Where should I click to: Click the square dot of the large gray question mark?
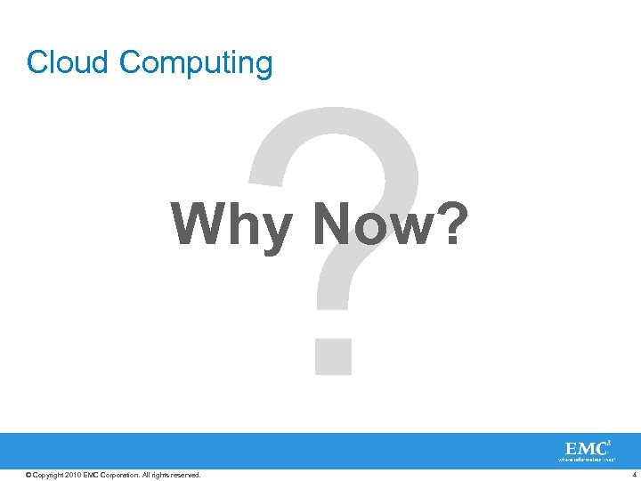(x=333, y=354)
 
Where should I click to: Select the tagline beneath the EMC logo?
(x=586, y=461)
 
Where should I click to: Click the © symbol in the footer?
(x=28, y=475)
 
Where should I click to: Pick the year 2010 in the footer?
(x=73, y=475)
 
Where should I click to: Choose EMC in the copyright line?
(x=91, y=475)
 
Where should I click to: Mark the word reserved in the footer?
(x=187, y=475)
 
